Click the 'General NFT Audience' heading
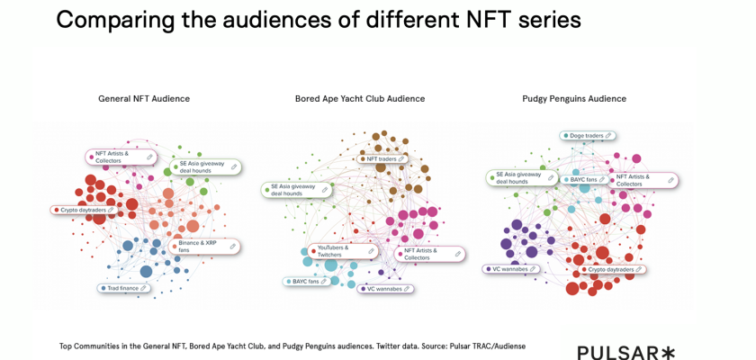pyautogui.click(x=144, y=99)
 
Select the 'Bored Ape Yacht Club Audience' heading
pyautogui.click(x=360, y=99)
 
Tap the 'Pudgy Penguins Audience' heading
pyautogui.click(x=574, y=99)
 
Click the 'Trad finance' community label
pyautogui.click(x=124, y=289)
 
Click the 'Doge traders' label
pyautogui.click(x=587, y=136)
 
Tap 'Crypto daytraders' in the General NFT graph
pyautogui.click(x=84, y=211)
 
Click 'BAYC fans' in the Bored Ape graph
pyautogui.click(x=307, y=282)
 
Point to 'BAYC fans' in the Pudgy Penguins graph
pyautogui.click(x=584, y=180)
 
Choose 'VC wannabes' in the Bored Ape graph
pyautogui.click(x=384, y=289)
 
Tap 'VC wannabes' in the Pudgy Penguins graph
pyautogui.click(x=510, y=269)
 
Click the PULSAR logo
pyautogui.click(x=625, y=352)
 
